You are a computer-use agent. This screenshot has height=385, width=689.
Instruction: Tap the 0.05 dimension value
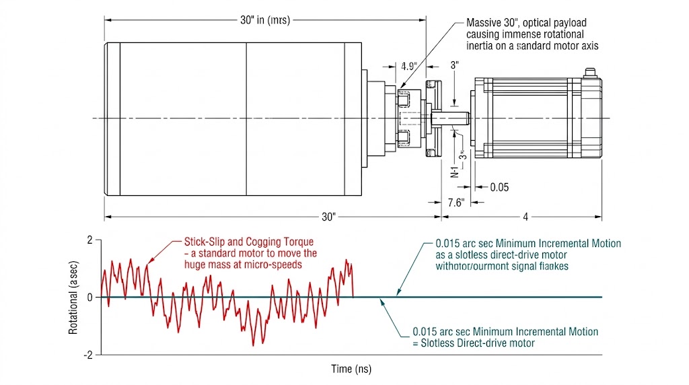point(499,187)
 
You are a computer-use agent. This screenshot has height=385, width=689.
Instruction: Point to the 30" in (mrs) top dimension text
point(264,20)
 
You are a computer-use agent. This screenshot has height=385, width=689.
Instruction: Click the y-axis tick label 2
point(89,240)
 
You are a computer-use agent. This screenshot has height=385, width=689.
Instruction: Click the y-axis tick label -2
point(87,355)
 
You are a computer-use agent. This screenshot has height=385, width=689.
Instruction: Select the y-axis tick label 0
point(89,297)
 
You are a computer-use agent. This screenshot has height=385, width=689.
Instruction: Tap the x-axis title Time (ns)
point(351,369)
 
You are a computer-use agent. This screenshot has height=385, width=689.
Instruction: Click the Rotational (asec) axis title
point(73,297)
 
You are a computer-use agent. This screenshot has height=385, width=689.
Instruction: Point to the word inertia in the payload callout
point(482,46)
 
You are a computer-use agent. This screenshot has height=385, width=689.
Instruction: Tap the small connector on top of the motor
point(590,72)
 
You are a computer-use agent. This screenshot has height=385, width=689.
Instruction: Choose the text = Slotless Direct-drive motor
point(474,343)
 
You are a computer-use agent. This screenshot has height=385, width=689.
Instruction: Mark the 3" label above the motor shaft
point(455,65)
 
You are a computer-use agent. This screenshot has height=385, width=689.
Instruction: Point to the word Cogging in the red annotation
point(263,242)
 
